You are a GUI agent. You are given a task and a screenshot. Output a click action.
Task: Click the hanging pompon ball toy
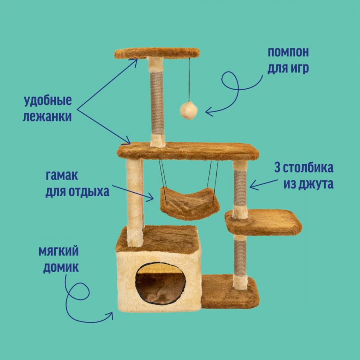189,111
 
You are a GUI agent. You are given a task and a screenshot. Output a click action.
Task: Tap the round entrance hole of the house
160,284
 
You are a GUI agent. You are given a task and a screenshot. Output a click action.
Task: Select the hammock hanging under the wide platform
189,203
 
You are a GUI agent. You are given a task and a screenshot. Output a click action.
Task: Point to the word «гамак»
62,175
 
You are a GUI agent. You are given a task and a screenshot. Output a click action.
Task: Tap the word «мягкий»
59,252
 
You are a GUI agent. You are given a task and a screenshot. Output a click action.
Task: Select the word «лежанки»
47,116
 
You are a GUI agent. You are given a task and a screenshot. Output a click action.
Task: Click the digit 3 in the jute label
277,168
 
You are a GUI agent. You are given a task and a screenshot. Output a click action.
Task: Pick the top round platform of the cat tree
157,53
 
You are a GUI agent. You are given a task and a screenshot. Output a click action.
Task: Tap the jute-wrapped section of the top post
157,103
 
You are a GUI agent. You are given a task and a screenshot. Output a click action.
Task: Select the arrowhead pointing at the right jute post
253,185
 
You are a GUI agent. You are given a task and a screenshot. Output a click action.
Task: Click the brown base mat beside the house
230,292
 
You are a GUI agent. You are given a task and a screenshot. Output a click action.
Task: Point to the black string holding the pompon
189,80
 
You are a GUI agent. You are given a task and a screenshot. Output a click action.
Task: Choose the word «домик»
61,268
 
